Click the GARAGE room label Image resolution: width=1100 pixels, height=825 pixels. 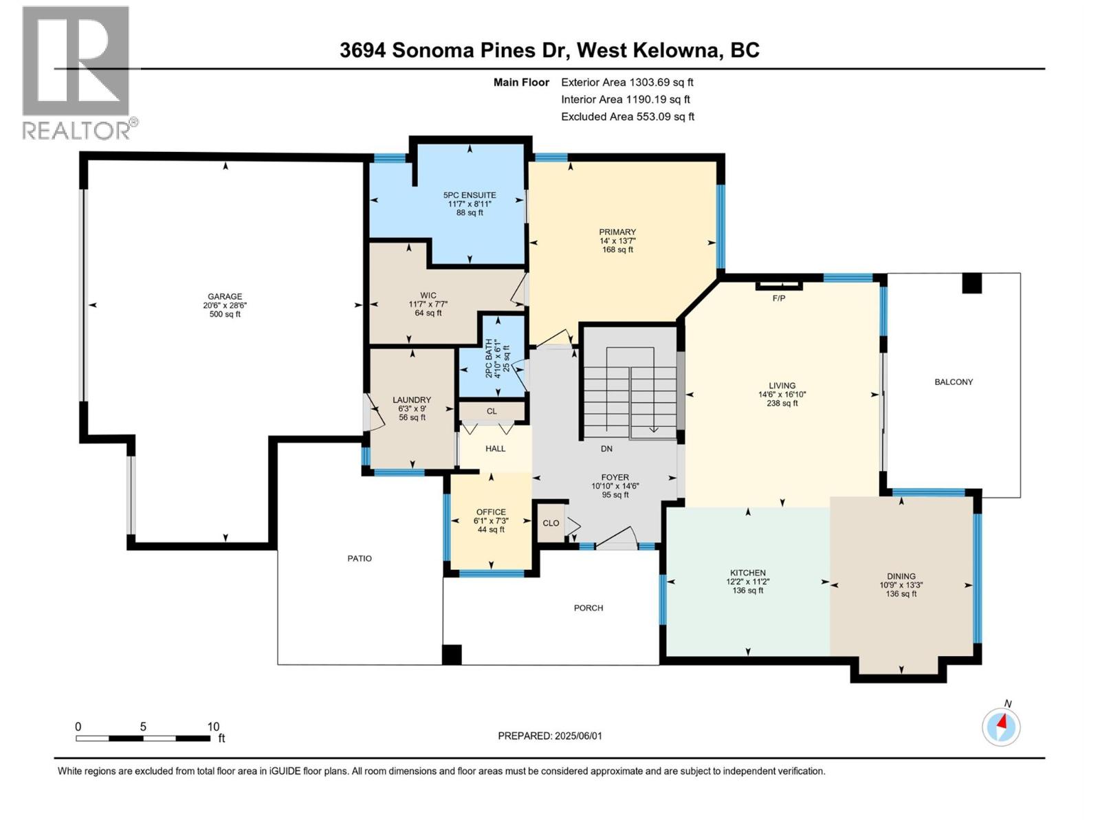(x=225, y=297)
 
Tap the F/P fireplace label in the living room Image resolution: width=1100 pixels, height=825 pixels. (x=778, y=298)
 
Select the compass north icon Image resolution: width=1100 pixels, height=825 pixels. (x=1001, y=727)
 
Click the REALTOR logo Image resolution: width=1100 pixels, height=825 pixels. (x=76, y=72)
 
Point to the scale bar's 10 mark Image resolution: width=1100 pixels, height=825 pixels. (x=213, y=727)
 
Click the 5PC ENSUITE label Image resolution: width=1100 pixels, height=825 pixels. (x=470, y=195)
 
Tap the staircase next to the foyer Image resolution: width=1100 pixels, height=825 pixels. (x=630, y=392)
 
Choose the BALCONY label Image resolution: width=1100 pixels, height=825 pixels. (x=954, y=382)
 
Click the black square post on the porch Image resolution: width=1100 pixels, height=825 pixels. (x=452, y=654)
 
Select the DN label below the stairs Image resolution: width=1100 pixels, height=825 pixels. (x=606, y=449)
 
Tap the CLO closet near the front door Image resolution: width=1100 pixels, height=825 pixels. (x=551, y=523)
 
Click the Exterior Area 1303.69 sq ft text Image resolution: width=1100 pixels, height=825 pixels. (x=627, y=82)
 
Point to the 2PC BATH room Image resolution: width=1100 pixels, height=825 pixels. (x=492, y=357)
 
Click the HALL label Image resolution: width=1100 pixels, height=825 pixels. (x=495, y=449)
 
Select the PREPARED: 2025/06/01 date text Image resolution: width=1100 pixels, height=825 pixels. (x=550, y=736)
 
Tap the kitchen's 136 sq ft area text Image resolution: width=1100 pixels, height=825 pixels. (x=748, y=591)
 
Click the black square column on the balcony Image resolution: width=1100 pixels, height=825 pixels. (x=971, y=283)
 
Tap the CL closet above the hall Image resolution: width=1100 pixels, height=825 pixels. (x=492, y=412)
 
